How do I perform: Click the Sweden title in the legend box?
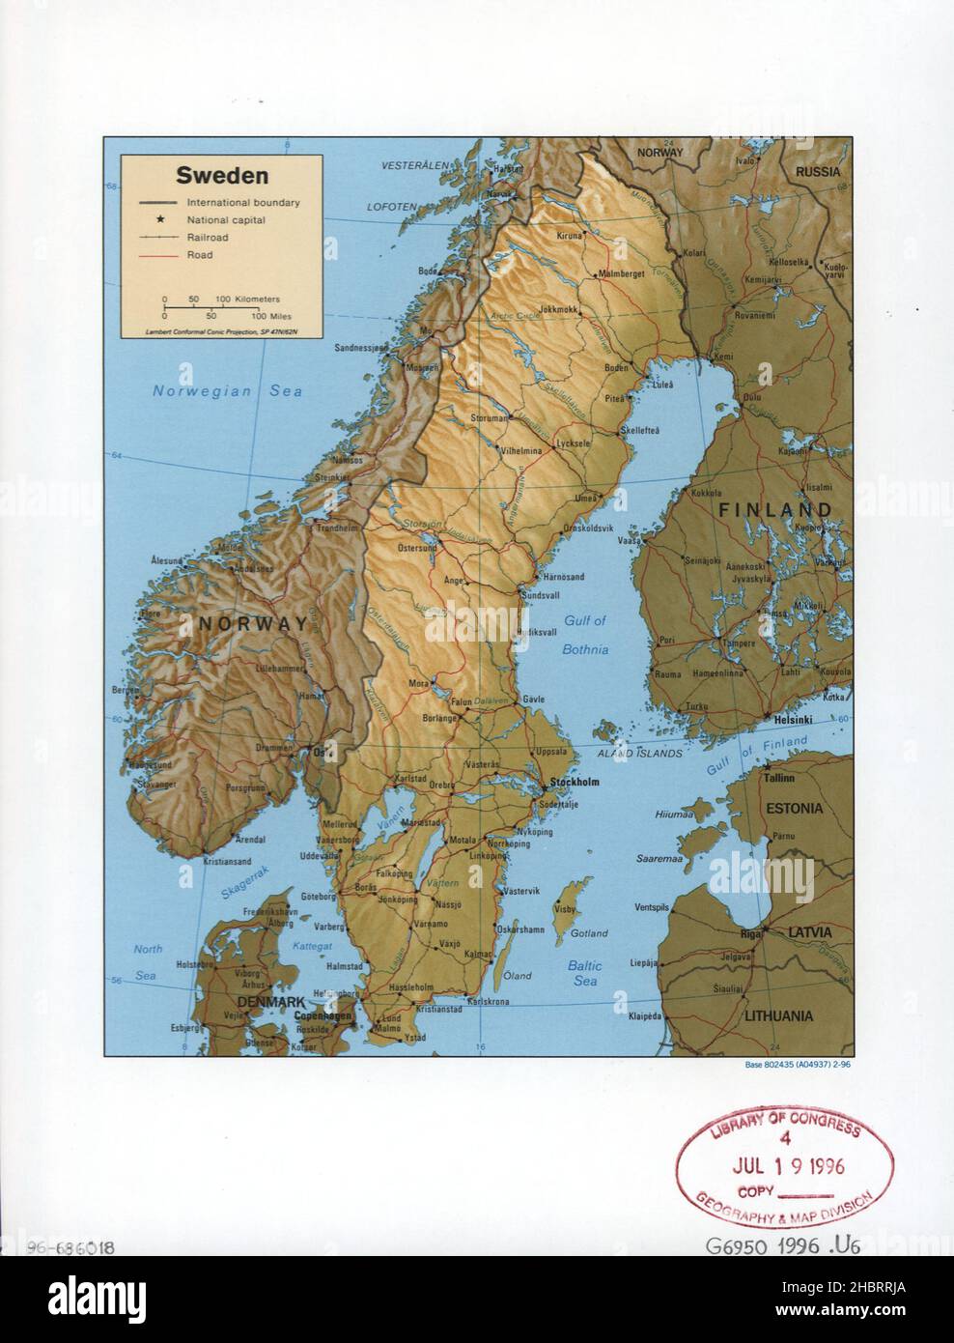coord(208,177)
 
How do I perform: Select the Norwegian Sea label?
coord(228,391)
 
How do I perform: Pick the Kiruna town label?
coord(571,236)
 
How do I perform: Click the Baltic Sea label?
coord(584,973)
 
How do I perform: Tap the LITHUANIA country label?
coord(778,1016)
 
